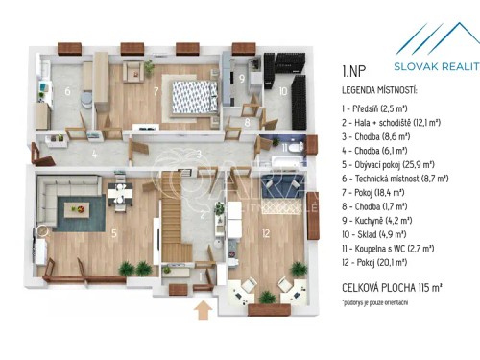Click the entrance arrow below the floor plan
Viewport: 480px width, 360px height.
coord(202,308)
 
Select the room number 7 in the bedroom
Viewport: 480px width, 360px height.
coord(156,93)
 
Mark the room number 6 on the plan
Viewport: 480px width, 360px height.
coord(68,91)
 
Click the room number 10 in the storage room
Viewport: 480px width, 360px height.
coord(282,91)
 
